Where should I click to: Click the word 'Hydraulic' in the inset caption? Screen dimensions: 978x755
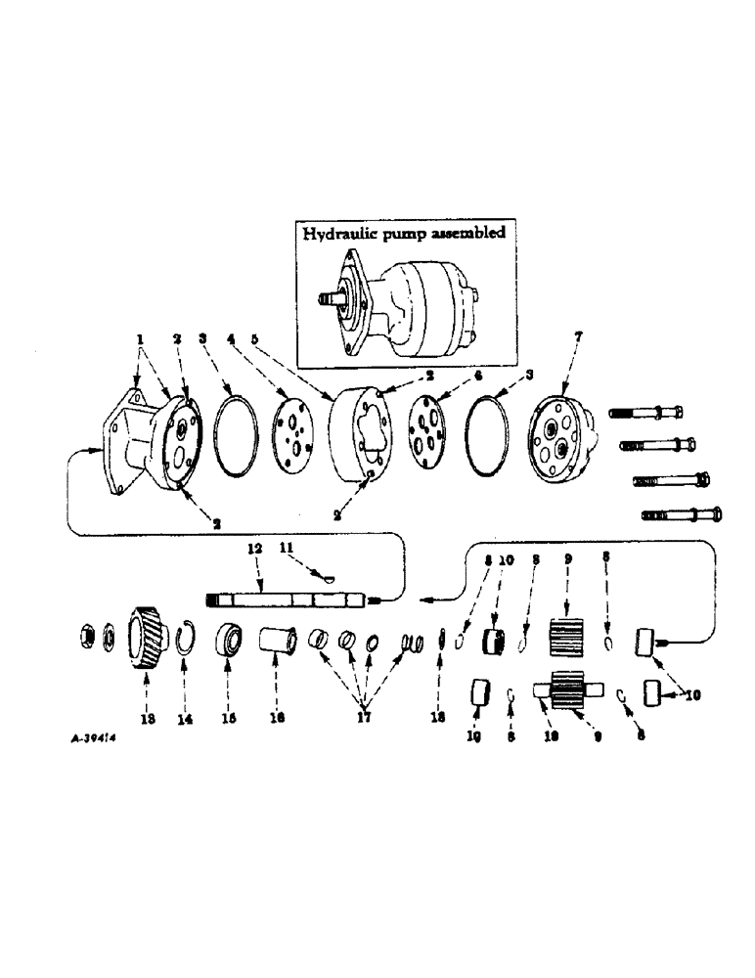pyautogui.click(x=338, y=234)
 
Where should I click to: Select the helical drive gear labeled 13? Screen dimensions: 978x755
pyautogui.click(x=147, y=642)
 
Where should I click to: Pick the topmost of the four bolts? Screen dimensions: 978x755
pyautogui.click(x=650, y=413)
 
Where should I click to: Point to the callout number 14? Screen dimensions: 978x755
pyautogui.click(x=185, y=717)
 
